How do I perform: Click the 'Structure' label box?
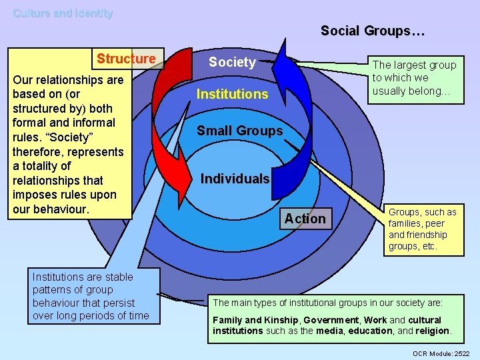126,59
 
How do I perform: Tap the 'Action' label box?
305,219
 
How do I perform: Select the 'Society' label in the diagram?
232,62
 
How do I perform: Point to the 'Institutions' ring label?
232,94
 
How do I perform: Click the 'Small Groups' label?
239,131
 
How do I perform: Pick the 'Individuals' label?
235,179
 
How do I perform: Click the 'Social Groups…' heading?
373,31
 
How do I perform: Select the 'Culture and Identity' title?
63,13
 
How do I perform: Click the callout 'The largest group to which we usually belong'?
414,77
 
